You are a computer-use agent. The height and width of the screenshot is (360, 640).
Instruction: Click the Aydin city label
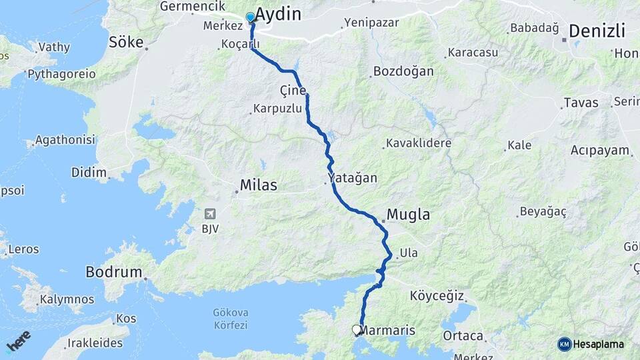(x=279, y=15)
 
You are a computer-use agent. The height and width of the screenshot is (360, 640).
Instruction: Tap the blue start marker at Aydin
(x=251, y=17)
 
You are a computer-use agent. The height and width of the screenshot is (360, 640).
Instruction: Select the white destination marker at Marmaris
(x=357, y=329)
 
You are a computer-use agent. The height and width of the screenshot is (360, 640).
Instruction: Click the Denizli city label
(x=597, y=31)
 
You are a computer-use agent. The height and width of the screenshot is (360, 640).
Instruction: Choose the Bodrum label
(x=114, y=272)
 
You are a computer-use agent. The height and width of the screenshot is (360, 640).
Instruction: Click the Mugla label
(x=407, y=215)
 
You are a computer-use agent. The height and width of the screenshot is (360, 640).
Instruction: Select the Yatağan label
(x=353, y=178)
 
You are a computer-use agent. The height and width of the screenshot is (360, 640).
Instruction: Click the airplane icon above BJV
(x=211, y=214)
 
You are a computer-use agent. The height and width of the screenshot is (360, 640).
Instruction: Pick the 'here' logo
(x=18, y=341)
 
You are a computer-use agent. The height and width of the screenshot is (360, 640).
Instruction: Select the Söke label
(x=126, y=42)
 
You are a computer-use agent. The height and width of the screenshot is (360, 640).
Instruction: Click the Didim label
(x=89, y=173)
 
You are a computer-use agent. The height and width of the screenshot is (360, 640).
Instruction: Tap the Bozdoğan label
(x=403, y=71)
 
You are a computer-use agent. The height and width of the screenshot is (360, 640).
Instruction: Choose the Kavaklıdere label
(x=419, y=143)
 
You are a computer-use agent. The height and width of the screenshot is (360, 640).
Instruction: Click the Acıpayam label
(x=600, y=150)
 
